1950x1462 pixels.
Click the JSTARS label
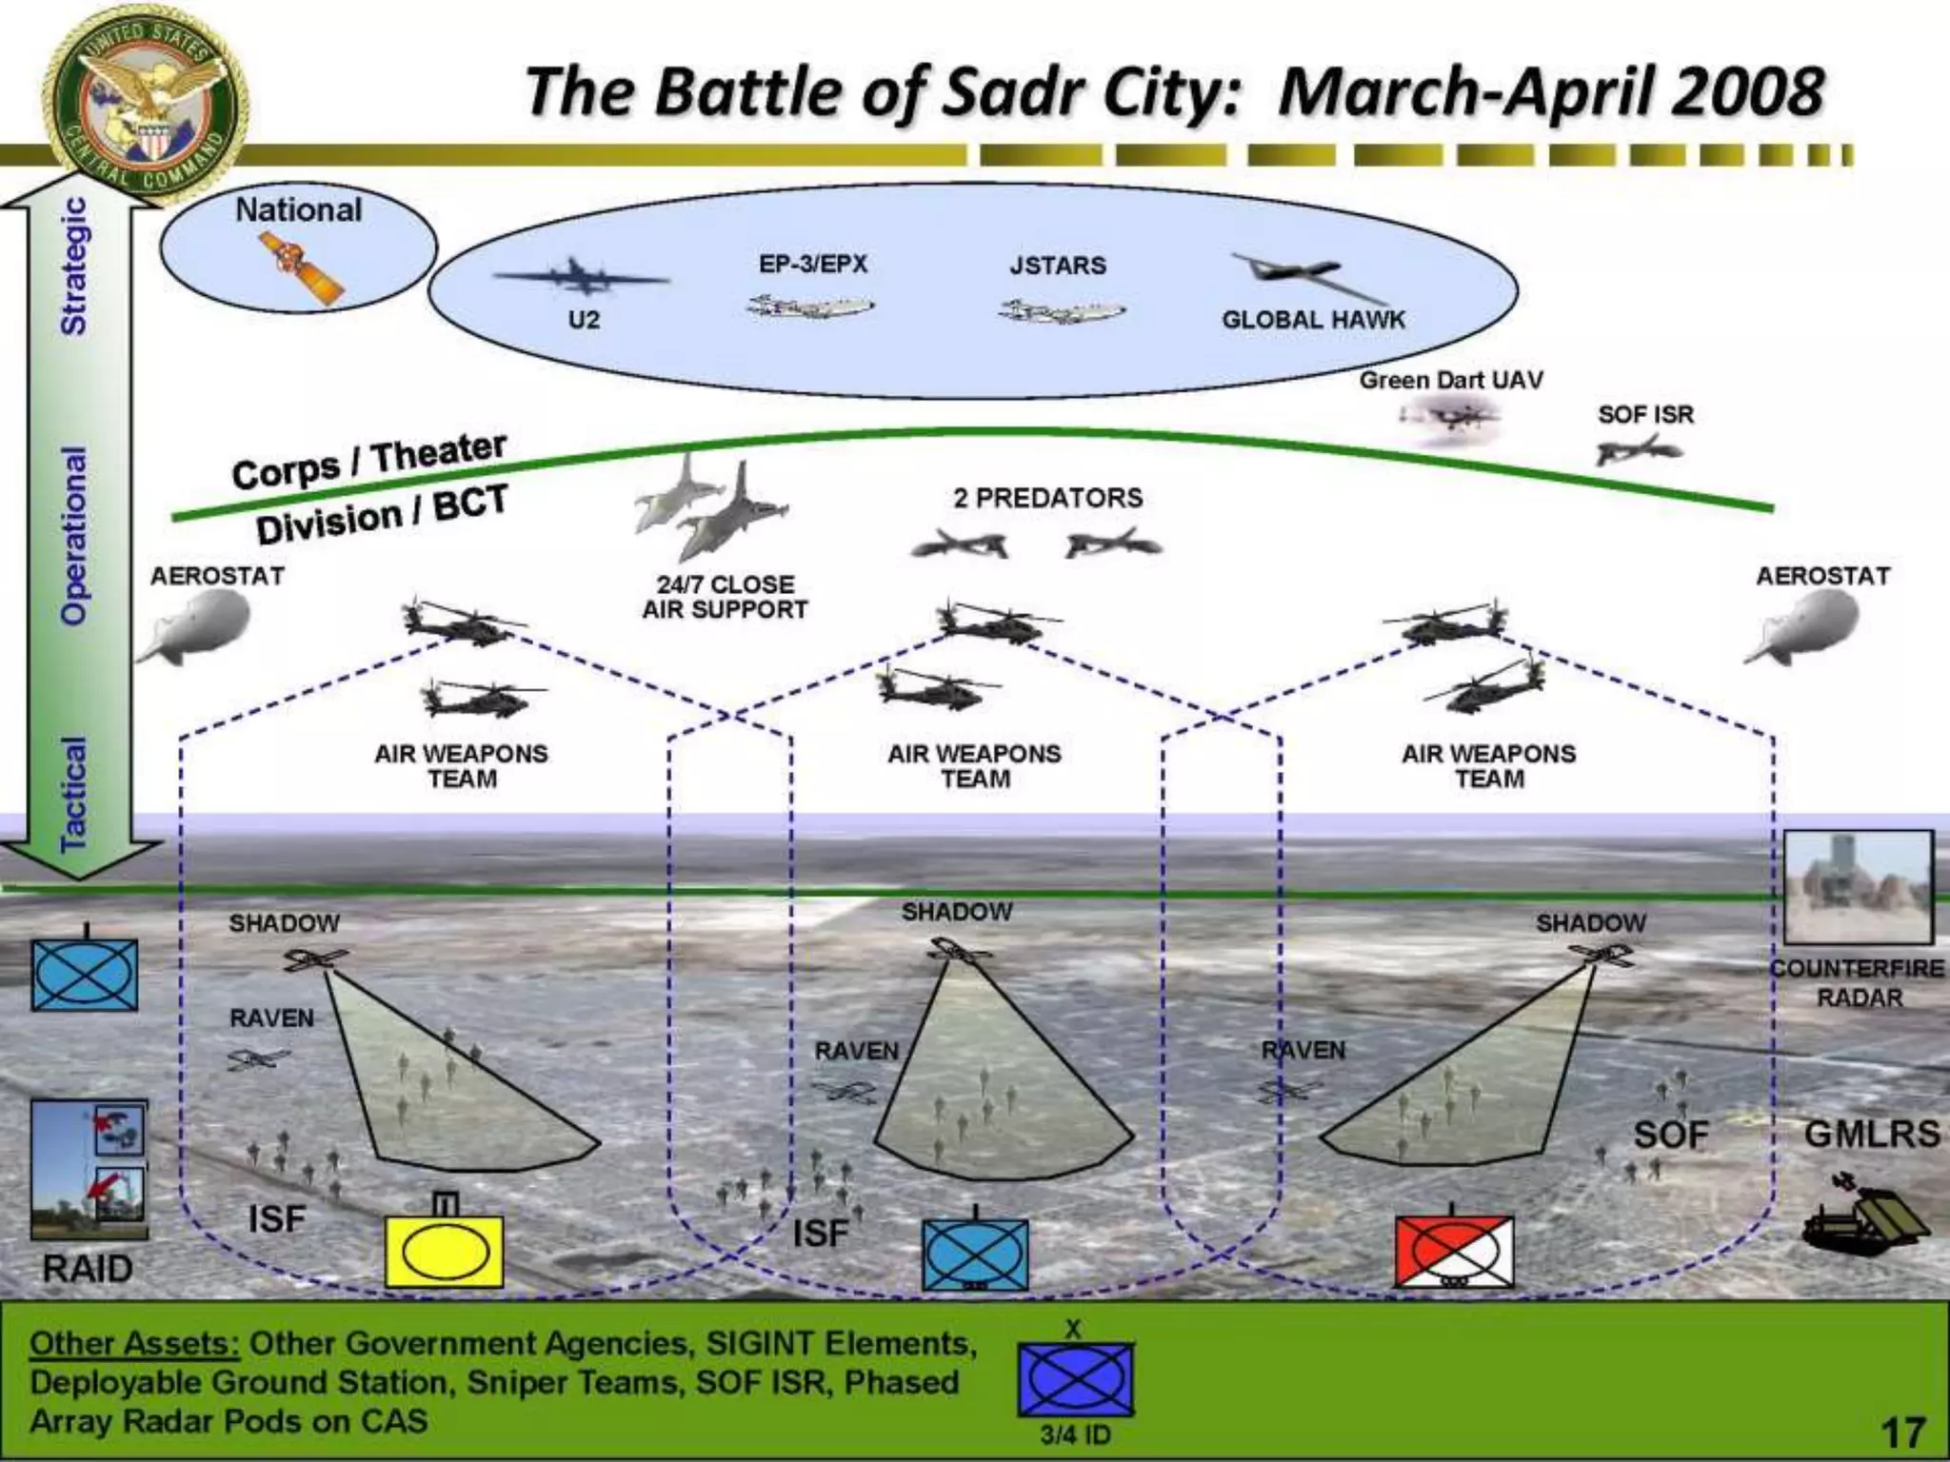pyautogui.click(x=1058, y=266)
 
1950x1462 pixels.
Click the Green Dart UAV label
pyautogui.click(x=1450, y=381)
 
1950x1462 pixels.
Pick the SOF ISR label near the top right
pyautogui.click(x=1645, y=415)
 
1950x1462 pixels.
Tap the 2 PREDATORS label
pyautogui.click(x=1047, y=498)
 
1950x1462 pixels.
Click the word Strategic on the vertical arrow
pyautogui.click(x=74, y=267)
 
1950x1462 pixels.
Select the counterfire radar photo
pyautogui.click(x=1858, y=887)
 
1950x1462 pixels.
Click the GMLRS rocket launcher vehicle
pyautogui.click(x=1865, y=1218)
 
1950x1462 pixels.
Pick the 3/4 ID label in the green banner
pyautogui.click(x=1075, y=1434)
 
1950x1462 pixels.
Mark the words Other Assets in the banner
pyautogui.click(x=134, y=1344)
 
